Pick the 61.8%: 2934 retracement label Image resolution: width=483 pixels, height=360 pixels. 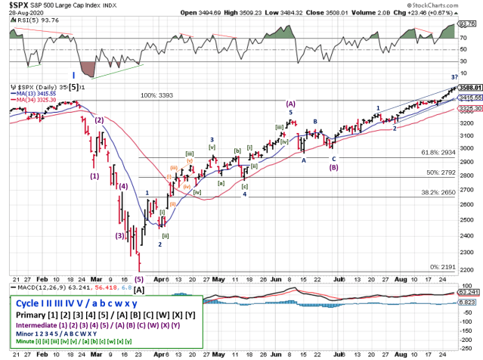click(438, 152)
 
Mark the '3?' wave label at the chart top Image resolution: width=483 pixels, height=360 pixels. click(454, 77)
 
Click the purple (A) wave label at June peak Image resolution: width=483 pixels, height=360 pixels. click(289, 104)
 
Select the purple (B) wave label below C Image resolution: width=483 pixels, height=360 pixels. click(333, 167)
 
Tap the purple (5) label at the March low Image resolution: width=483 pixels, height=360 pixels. click(138, 279)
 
